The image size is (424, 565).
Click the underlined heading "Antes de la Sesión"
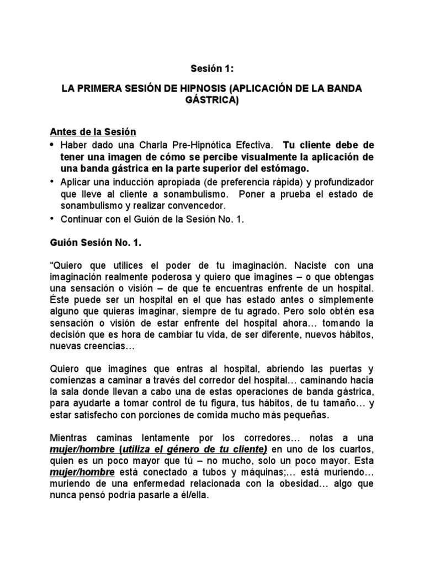(x=92, y=132)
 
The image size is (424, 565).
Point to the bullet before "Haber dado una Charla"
(x=53, y=145)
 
